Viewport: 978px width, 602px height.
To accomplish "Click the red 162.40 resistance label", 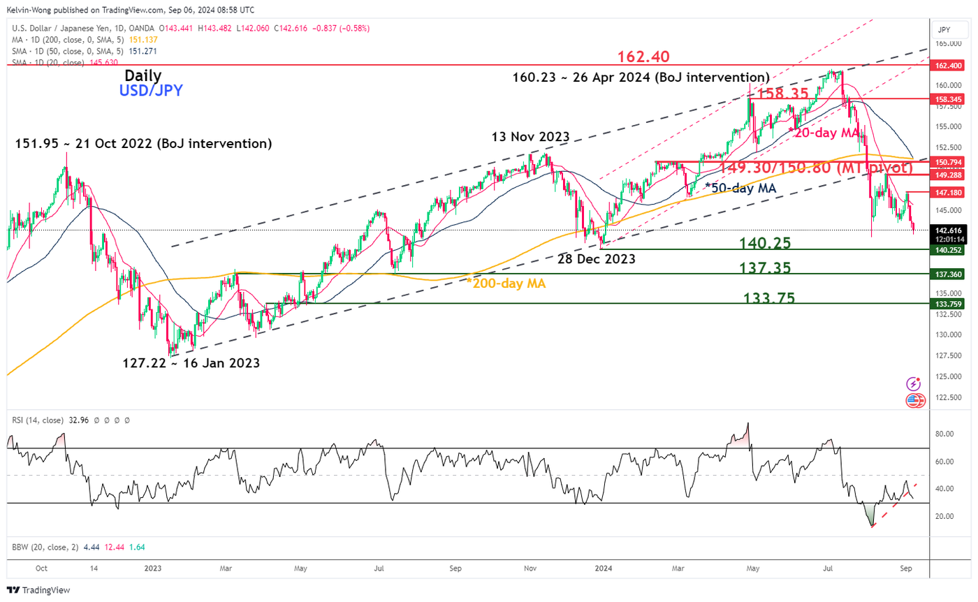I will click(647, 56).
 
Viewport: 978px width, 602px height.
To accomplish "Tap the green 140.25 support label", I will click(766, 243).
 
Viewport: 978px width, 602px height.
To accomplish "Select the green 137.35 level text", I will click(766, 268).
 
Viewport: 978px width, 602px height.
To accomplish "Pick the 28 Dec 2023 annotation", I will click(596, 259).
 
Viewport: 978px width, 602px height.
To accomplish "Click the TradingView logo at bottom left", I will click(39, 590).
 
